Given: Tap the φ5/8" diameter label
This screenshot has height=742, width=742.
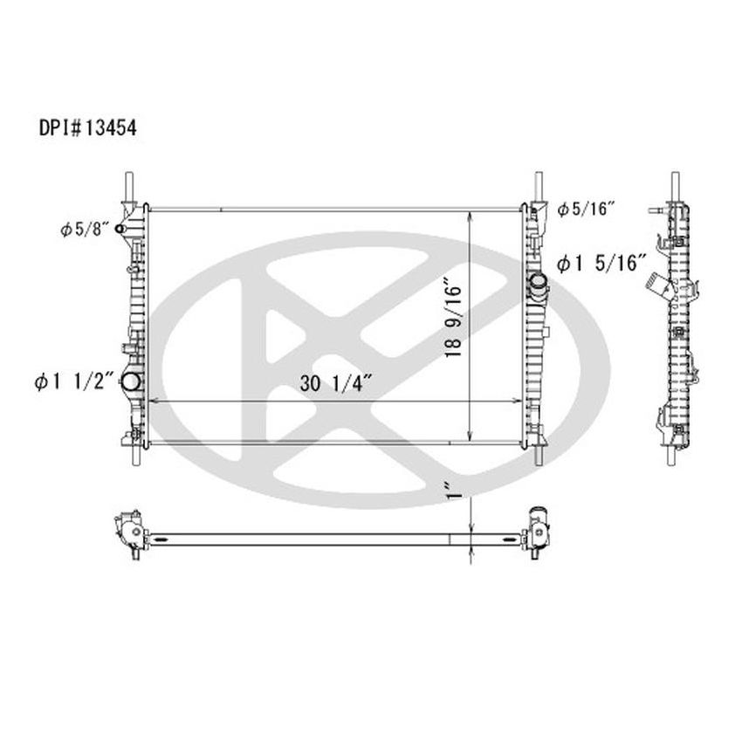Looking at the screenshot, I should [x=84, y=230].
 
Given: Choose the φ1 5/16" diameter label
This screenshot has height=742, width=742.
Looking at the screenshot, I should [x=601, y=261].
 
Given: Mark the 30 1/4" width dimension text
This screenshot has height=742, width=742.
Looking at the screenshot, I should [x=338, y=381].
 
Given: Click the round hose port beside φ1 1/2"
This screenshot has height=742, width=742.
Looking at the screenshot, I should [x=131, y=381].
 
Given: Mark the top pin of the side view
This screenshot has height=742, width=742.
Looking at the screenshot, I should [x=674, y=185].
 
